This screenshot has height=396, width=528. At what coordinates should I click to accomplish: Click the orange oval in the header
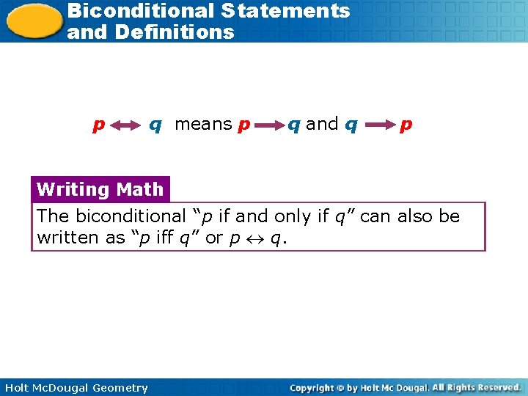coord(32,20)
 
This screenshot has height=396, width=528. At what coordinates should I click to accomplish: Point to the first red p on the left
coord(97,125)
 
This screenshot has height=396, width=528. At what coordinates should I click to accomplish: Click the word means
coord(203,124)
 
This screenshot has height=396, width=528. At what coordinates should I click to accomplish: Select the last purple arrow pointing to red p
coord(378,125)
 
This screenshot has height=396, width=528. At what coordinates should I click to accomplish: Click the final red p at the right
coord(406,125)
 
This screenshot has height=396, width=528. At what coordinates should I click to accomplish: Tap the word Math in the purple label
coord(139,189)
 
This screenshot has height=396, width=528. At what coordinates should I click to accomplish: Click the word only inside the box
coord(294,216)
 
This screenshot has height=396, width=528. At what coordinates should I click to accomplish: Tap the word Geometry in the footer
coord(119,388)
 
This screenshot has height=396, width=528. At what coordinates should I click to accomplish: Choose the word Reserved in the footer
coord(498,388)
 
